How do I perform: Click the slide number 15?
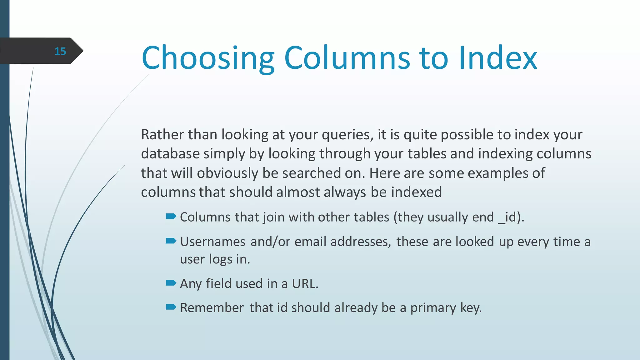pyautogui.click(x=60, y=51)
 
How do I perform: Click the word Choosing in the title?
pyautogui.click(x=208, y=58)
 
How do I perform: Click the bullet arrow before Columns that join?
pyautogui.click(x=171, y=216)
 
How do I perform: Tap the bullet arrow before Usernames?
pyautogui.click(x=171, y=241)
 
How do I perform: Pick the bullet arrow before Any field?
pyautogui.click(x=171, y=283)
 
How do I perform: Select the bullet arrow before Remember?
pyautogui.click(x=171, y=307)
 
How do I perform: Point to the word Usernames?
pyautogui.click(x=212, y=242)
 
